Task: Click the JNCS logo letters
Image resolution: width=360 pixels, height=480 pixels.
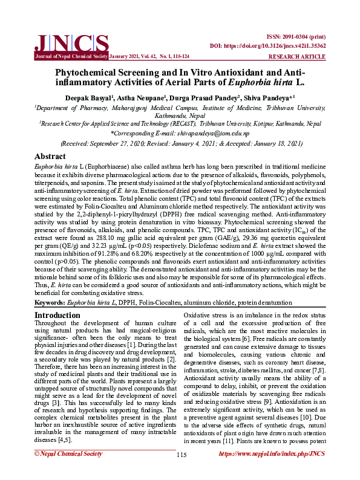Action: click(x=71, y=42)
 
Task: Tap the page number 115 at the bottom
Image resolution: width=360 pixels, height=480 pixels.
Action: click(x=180, y=472)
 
